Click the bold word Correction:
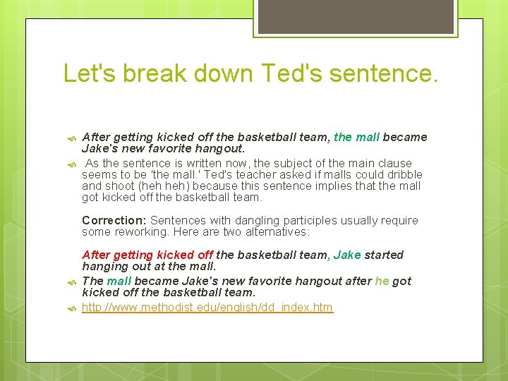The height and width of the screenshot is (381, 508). click(x=114, y=221)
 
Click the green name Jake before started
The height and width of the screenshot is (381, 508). click(x=347, y=255)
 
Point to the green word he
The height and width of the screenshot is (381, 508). click(x=382, y=281)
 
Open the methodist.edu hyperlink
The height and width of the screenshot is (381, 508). click(x=207, y=308)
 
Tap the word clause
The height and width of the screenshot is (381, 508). click(x=396, y=163)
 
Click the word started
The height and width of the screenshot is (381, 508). click(x=385, y=255)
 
